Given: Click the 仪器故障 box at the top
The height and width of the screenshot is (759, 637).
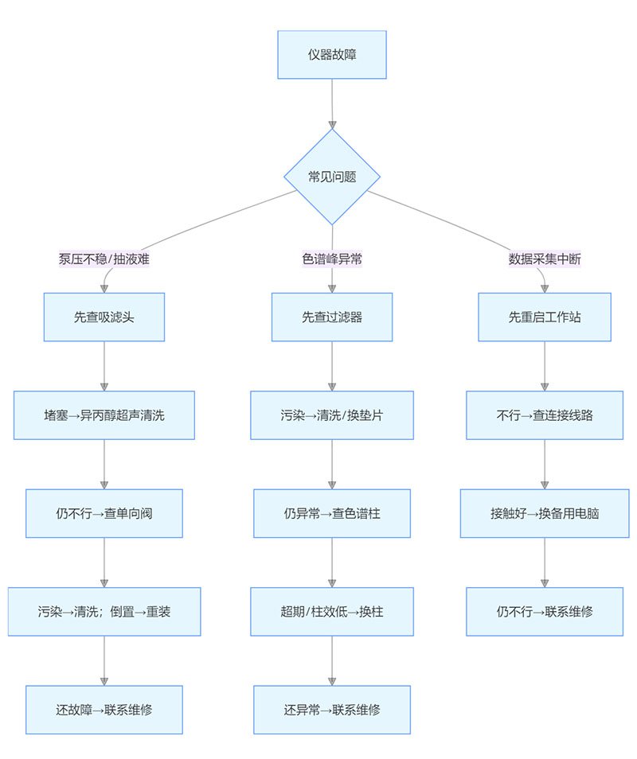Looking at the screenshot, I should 332,55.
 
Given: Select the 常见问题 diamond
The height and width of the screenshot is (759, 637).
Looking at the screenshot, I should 332,177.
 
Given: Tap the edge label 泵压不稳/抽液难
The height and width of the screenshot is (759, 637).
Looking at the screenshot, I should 104,259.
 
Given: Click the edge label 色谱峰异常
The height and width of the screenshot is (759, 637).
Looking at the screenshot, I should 332,259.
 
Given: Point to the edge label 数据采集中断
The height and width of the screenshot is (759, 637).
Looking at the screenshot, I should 545,259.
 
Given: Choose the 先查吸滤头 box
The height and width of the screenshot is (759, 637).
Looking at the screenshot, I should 104,317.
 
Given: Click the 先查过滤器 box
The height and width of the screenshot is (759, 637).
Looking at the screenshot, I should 332,317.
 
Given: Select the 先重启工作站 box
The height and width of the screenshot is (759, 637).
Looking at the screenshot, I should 545,317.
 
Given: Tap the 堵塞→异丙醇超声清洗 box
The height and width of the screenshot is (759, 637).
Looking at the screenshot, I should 104,415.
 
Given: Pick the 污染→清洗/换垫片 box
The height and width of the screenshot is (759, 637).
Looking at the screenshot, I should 332,415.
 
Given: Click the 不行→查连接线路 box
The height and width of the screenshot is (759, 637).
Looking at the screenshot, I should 545,415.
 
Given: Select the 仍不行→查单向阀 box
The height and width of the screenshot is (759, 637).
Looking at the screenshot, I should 104,513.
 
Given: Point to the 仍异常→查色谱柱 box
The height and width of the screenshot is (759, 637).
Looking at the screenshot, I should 332,513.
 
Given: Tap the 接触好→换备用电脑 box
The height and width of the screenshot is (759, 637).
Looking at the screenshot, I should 545,513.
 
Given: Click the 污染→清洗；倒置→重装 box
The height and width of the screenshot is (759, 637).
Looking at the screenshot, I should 104,611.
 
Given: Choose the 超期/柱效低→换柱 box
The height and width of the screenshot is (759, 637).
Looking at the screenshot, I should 332,611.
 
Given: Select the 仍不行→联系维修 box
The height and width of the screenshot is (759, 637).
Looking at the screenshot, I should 545,611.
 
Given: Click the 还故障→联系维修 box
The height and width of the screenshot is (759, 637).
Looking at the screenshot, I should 104,710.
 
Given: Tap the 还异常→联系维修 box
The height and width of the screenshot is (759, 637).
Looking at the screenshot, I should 332,710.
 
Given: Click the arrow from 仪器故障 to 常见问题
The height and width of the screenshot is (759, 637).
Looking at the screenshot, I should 332,103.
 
